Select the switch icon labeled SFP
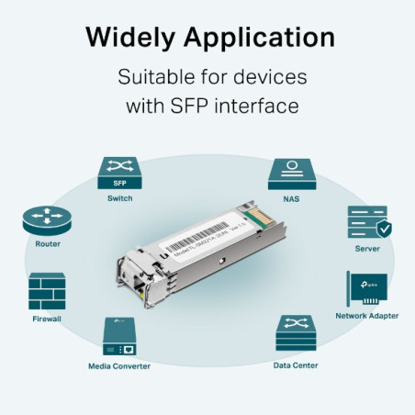tap(118, 172)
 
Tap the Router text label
tap(48, 244)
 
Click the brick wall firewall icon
tap(46, 291)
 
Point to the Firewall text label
tap(47, 319)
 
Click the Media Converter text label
tap(119, 365)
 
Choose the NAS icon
tap(294, 172)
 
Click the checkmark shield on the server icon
tap(383, 230)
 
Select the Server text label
tap(368, 249)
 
